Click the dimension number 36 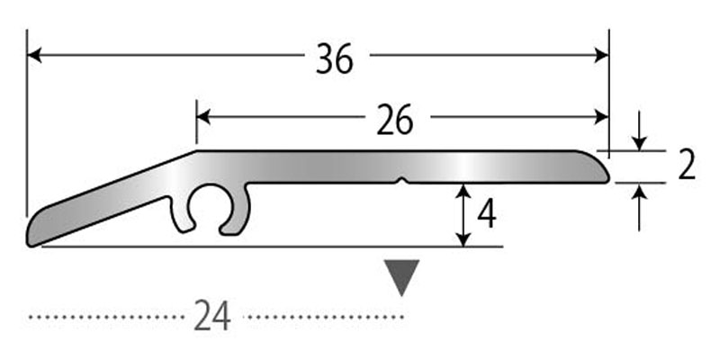click(x=335, y=58)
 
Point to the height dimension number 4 click(x=487, y=215)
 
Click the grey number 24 click(x=212, y=316)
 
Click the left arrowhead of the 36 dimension click(x=34, y=55)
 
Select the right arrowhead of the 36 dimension click(x=601, y=55)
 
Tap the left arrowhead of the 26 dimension click(x=204, y=117)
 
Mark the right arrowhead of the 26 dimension click(x=601, y=117)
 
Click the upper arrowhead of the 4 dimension click(x=463, y=191)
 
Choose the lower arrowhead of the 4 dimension click(x=463, y=238)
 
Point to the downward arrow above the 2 click(x=639, y=130)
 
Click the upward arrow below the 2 click(x=639, y=207)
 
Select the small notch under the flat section click(x=402, y=181)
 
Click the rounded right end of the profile click(x=597, y=166)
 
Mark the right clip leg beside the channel click(x=238, y=209)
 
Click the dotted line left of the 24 click(x=106, y=317)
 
